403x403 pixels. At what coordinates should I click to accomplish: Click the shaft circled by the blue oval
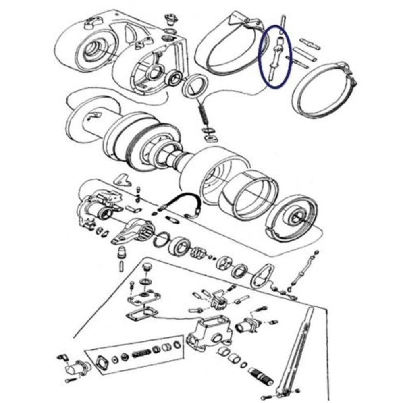pos(275,56)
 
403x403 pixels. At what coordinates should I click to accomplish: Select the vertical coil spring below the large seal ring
pos(204,115)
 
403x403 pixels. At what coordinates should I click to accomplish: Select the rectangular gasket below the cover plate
pos(141,314)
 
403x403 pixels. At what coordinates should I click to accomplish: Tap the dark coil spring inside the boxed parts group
pos(142,352)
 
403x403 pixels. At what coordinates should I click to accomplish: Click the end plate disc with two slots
pos(293,217)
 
